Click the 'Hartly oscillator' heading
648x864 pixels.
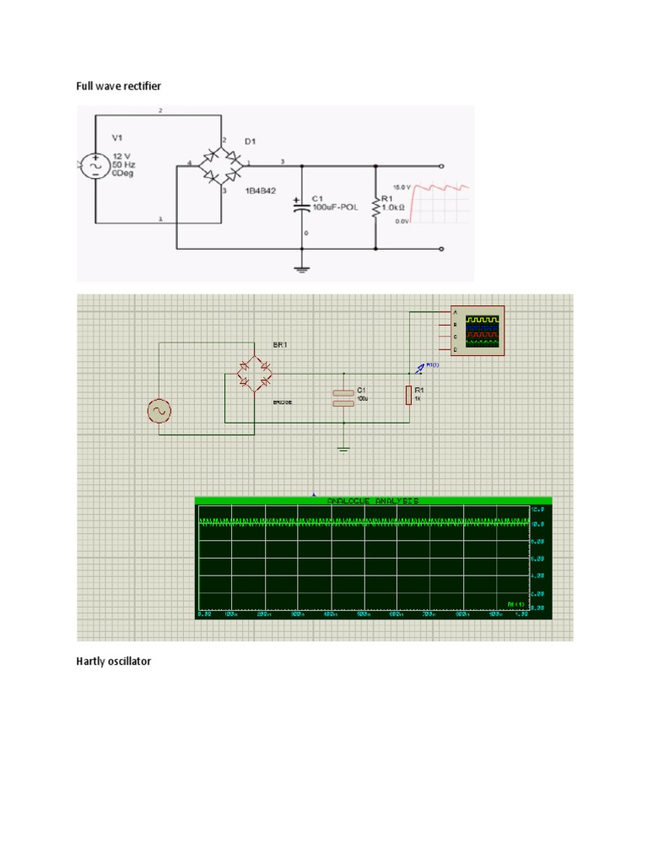coord(114,661)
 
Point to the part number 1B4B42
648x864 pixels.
coord(261,192)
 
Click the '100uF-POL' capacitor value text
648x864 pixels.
coord(335,207)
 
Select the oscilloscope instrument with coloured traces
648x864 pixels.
coord(477,331)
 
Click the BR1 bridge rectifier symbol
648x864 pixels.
coord(254,373)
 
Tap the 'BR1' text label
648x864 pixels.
coord(279,345)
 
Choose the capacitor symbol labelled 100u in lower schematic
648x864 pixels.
coord(343,397)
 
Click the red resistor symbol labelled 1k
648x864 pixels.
coord(408,394)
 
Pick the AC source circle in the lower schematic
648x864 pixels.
coord(159,411)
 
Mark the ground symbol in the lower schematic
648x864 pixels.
coord(343,448)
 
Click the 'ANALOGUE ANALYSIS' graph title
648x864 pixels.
coord(372,500)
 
